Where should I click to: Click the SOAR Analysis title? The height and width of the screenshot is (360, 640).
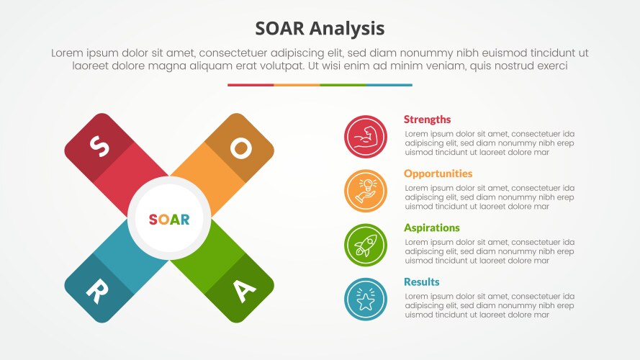click(x=320, y=28)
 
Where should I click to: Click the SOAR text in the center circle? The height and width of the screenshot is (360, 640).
click(x=169, y=220)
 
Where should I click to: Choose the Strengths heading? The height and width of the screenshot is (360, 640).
click(x=427, y=120)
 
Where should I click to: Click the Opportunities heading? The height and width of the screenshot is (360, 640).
click(x=438, y=174)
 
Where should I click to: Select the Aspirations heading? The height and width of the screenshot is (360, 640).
click(x=431, y=228)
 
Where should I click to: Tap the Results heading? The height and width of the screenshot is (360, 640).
click(x=421, y=282)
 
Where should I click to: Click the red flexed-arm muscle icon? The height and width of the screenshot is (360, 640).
click(x=366, y=137)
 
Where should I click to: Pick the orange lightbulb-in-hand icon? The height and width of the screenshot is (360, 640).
click(x=366, y=191)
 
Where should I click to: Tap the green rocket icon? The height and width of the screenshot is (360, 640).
click(x=366, y=245)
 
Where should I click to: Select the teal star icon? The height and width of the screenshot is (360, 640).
click(x=366, y=299)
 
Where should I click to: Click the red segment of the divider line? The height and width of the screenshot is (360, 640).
click(x=251, y=85)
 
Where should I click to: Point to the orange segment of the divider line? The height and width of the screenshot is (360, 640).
click(x=297, y=85)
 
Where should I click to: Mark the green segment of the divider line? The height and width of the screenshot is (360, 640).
click(x=343, y=85)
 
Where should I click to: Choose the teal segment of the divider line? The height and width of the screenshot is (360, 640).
click(x=389, y=85)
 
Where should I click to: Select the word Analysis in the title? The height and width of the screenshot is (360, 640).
click(x=348, y=28)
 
